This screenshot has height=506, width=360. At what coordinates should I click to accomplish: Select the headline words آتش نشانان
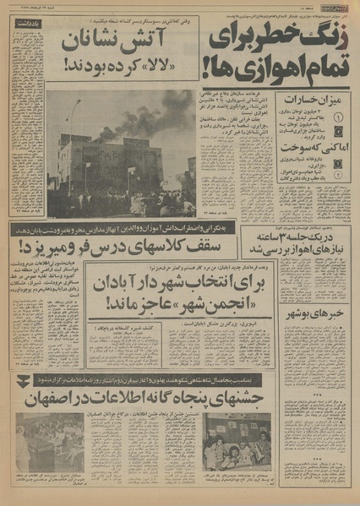tap(115, 39)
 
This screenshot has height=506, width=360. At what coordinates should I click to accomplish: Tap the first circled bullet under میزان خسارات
tap(339, 117)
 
